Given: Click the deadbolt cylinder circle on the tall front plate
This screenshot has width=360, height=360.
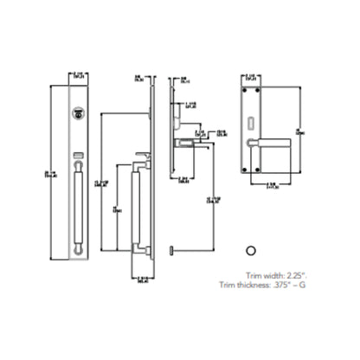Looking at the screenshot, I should tap(80, 112).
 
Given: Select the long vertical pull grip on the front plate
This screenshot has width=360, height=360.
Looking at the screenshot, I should tap(80, 208).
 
